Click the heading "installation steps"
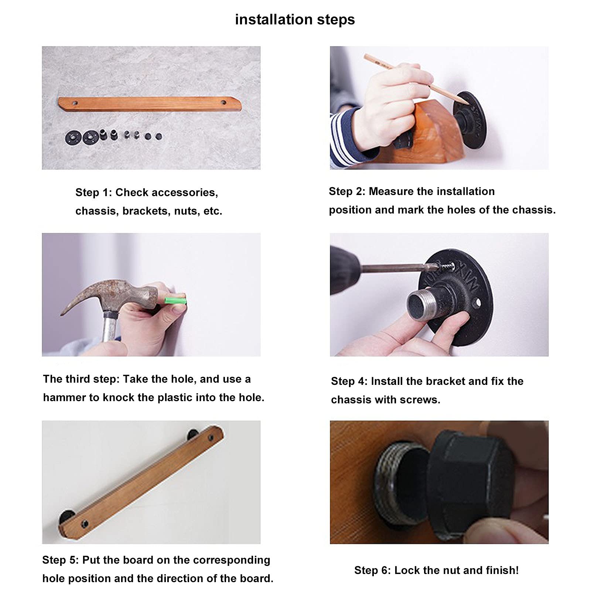point(295,20)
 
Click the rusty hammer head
point(111,295)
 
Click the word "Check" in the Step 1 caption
point(131,192)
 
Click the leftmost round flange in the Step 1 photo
point(72,137)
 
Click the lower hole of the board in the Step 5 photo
point(85,523)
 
